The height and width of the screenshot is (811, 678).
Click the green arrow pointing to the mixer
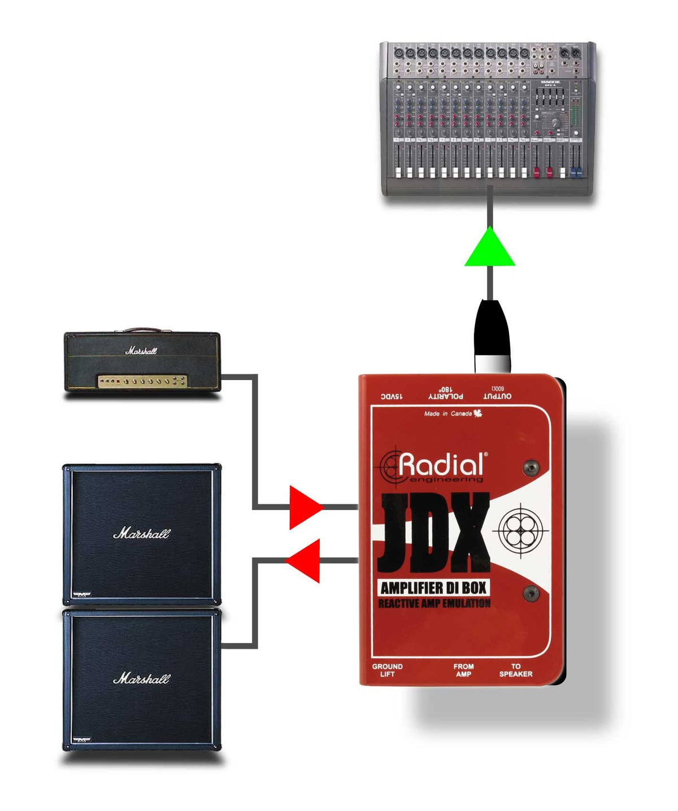click(x=489, y=249)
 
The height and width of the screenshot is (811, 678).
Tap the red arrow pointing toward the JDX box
click(x=304, y=507)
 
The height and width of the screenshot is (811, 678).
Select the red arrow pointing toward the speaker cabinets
click(x=305, y=560)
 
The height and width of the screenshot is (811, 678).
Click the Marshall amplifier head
click(x=142, y=361)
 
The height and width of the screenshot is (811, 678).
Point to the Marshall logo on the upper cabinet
click(x=141, y=533)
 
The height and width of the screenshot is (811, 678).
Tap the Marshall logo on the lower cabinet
click(x=141, y=678)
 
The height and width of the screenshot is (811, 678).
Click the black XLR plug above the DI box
click(x=492, y=333)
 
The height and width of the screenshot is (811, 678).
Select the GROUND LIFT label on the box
click(x=387, y=670)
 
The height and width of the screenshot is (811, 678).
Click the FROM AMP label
click(x=463, y=670)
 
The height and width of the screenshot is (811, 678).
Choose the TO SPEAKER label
click(x=515, y=670)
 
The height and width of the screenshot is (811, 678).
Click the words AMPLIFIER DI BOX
click(x=433, y=588)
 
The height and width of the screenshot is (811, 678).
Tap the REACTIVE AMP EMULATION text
click(x=434, y=604)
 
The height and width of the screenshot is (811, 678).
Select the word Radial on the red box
click(x=441, y=465)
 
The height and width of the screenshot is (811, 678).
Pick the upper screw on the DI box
click(x=531, y=467)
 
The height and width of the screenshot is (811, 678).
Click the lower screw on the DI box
click(x=531, y=593)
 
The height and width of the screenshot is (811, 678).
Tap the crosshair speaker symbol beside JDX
click(x=521, y=531)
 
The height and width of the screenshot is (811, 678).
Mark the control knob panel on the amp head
click(x=142, y=381)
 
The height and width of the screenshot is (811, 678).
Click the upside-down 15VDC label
click(x=392, y=396)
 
